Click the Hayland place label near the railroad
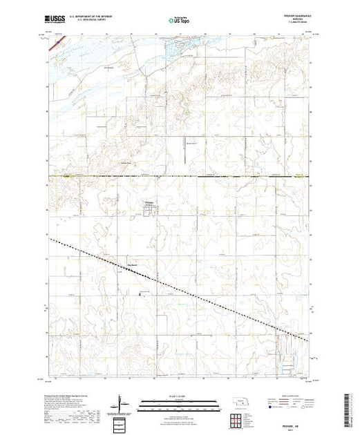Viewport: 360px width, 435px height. (x=133, y=263)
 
